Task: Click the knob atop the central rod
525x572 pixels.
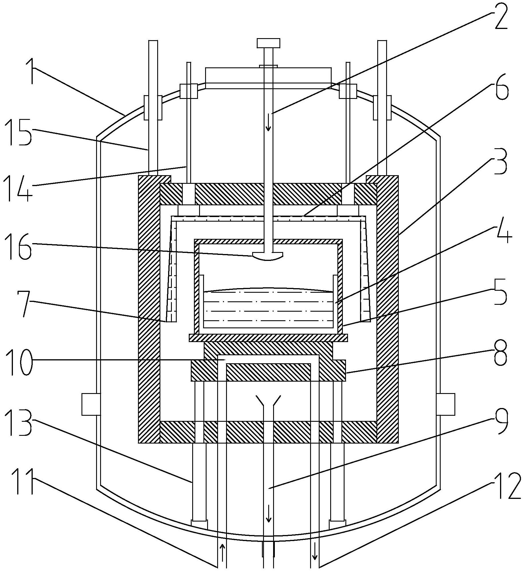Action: coord(268,43)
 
